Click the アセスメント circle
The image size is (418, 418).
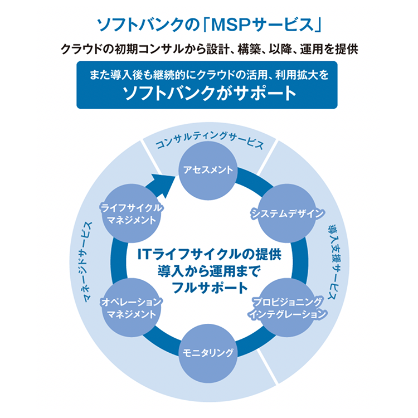coord(209,169)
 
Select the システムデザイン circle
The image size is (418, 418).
coord(286,213)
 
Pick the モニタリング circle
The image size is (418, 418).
coord(209,352)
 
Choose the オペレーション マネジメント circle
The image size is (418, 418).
coord(132,308)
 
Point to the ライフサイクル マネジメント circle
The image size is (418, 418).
coord(132,213)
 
